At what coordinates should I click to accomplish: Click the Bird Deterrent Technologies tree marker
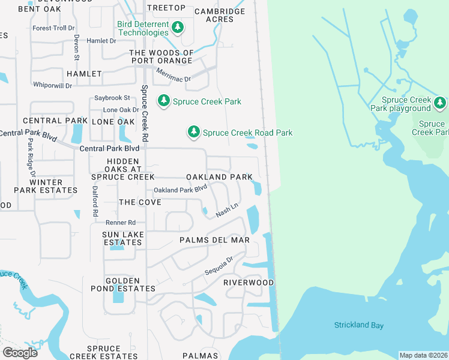pyautogui.click(x=177, y=27)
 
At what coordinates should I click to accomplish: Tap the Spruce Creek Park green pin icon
pyautogui.click(x=164, y=101)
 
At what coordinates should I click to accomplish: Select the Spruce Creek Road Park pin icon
pyautogui.click(x=193, y=131)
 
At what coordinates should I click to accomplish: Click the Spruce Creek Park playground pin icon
pyautogui.click(x=441, y=103)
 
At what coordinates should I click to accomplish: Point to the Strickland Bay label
pyautogui.click(x=359, y=325)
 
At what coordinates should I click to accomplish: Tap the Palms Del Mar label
pyautogui.click(x=214, y=240)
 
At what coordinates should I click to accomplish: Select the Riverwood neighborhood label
pyautogui.click(x=249, y=282)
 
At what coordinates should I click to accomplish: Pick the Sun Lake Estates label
pyautogui.click(x=122, y=238)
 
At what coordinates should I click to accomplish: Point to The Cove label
pyautogui.click(x=140, y=202)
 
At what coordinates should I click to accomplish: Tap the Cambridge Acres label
pyautogui.click(x=220, y=15)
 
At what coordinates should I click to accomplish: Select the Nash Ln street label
pyautogui.click(x=224, y=211)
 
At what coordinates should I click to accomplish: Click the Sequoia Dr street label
pyautogui.click(x=217, y=264)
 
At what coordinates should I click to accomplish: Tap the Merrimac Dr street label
pyautogui.click(x=173, y=74)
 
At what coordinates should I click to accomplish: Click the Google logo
pyautogui.click(x=20, y=352)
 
